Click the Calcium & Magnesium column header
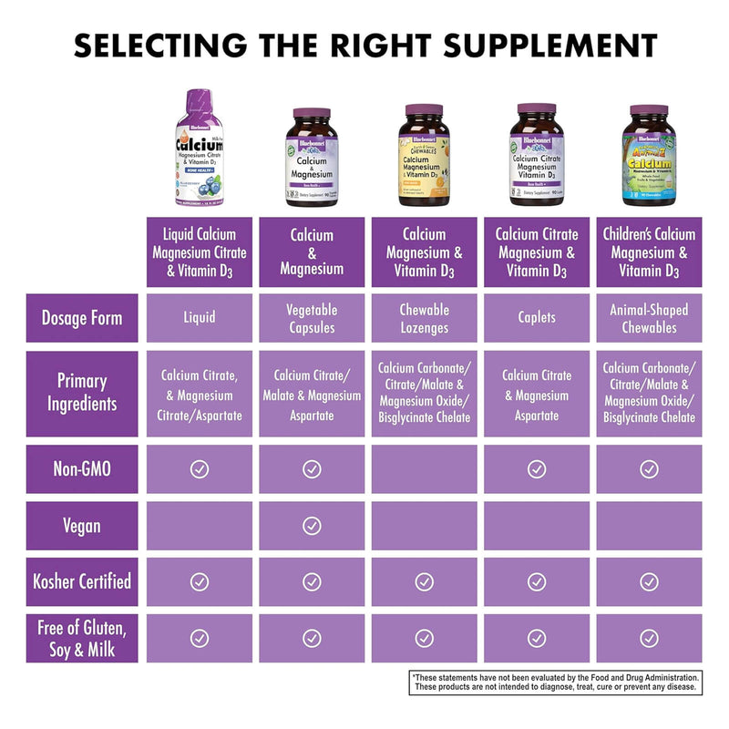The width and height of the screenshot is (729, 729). (x=312, y=252)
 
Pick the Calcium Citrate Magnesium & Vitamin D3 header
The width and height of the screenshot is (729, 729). (x=536, y=252)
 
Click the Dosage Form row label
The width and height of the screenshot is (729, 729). (x=82, y=318)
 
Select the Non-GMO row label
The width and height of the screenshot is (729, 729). (x=82, y=469)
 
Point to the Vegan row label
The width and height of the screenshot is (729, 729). (x=82, y=526)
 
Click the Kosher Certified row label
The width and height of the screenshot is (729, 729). (x=82, y=581)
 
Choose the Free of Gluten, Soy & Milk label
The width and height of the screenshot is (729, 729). (x=82, y=638)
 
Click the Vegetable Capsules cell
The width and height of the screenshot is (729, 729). (x=312, y=318)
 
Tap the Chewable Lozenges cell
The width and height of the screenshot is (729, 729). (x=424, y=318)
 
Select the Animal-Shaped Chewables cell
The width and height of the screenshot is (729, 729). (x=648, y=318)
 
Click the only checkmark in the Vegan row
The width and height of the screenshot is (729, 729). (x=312, y=526)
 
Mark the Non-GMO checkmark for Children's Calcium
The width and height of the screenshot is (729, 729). (x=648, y=469)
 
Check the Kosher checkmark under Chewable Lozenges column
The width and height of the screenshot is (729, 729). (x=424, y=581)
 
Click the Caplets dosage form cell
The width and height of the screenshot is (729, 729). (x=536, y=318)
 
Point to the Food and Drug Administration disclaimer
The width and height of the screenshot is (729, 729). (x=556, y=683)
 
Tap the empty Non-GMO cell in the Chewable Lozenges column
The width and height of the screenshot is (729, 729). (x=424, y=469)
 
